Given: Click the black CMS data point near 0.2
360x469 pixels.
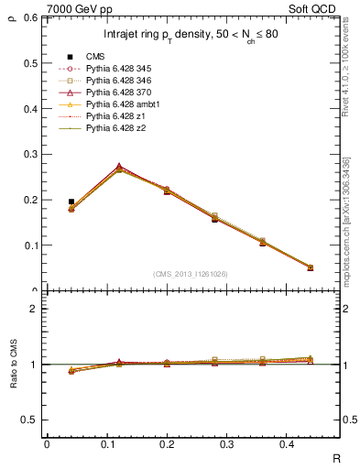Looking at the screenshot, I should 71,202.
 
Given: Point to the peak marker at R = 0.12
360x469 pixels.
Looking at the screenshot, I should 120,168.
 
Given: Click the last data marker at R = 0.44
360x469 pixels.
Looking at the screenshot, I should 310,267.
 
